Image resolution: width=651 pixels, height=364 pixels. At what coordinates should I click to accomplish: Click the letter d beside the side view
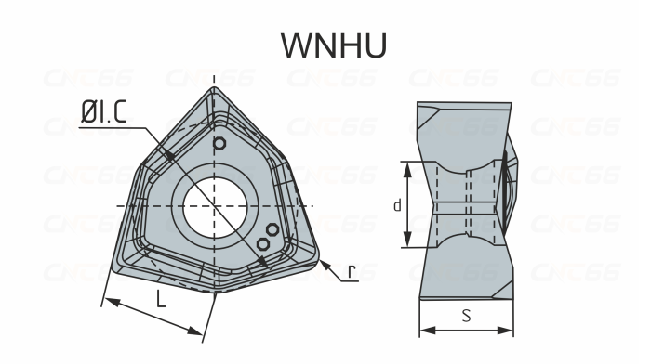[397, 204]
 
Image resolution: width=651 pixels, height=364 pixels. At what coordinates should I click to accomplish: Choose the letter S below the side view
[466, 316]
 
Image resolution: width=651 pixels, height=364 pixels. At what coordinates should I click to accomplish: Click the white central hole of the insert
[215, 204]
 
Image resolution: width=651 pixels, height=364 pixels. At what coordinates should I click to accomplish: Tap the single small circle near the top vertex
[219, 144]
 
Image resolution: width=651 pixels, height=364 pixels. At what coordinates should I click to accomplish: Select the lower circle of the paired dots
[262, 242]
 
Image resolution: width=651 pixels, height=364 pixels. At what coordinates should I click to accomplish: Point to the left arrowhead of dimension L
[106, 302]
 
